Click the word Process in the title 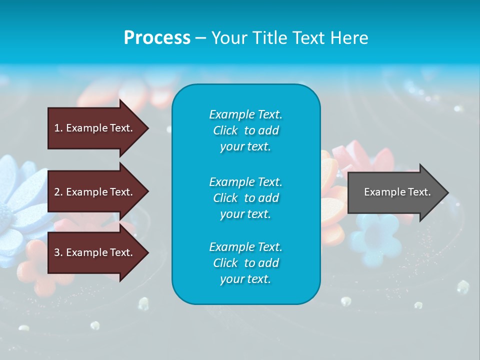[157, 37]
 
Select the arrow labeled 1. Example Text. [95, 128]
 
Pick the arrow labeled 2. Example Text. [95, 192]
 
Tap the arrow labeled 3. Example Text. [95, 252]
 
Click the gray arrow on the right [395, 192]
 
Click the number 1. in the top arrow [58, 128]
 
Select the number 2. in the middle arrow [58, 192]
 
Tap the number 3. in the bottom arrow [58, 252]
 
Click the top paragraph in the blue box [245, 130]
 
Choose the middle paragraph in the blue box [245, 198]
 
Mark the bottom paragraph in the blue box [245, 263]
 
